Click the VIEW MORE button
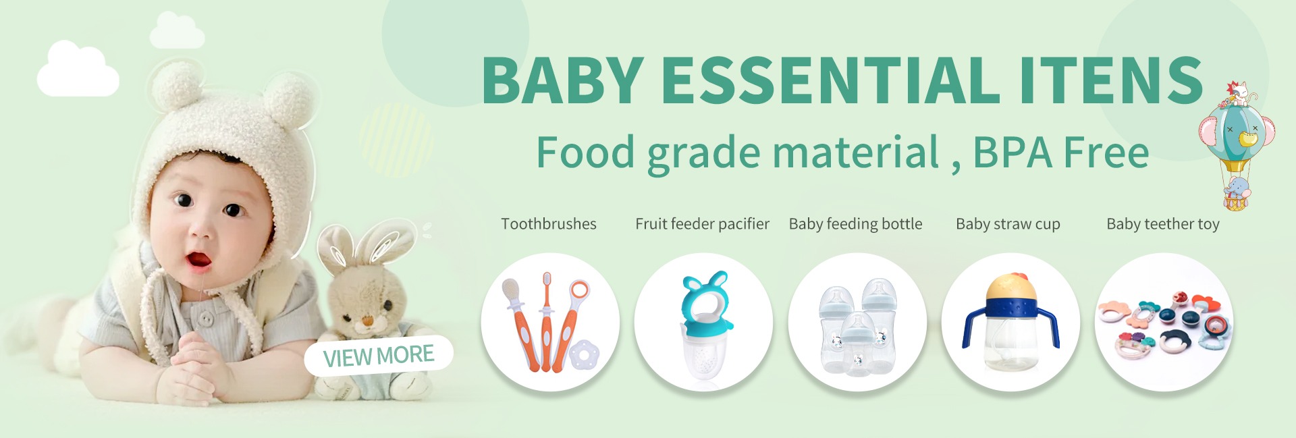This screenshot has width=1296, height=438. [379, 356]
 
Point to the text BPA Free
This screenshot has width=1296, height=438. [1060, 153]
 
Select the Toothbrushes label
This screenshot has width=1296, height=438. [549, 224]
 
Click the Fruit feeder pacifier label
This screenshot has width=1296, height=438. [702, 224]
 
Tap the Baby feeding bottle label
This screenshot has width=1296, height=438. [855, 224]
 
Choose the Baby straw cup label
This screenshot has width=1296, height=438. [1008, 224]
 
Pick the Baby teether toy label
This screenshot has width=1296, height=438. [1163, 224]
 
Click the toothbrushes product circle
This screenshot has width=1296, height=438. [550, 322]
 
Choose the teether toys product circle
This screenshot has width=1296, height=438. [1164, 322]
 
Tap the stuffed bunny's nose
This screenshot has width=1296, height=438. [367, 320]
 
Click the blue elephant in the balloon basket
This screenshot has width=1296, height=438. [1237, 190]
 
